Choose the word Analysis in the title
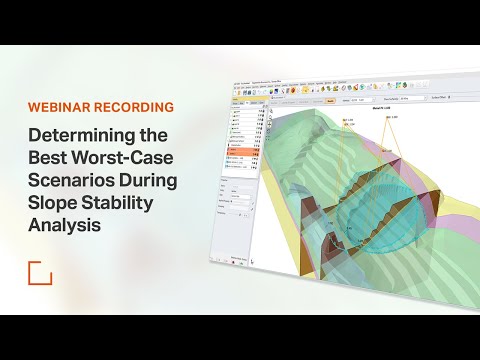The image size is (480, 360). click(68, 228)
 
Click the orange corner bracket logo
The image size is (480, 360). click(39, 272)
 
